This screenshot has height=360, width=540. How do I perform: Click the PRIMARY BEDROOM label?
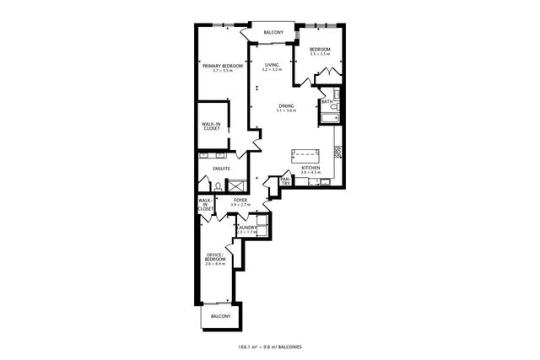click(x=222, y=66)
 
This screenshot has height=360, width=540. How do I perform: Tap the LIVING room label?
click(x=271, y=65)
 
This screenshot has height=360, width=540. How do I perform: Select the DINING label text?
click(x=287, y=105)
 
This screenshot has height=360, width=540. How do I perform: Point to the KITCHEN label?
click(x=311, y=169)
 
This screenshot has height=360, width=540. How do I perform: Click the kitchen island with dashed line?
click(x=307, y=155)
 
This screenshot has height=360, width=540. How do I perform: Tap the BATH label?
click(x=327, y=102)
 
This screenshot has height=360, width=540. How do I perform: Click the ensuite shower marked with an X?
click(x=240, y=183)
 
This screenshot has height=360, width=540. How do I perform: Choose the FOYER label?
click(x=240, y=201)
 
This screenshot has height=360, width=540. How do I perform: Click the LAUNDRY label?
click(x=246, y=228)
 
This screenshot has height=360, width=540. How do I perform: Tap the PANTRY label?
click(x=286, y=180)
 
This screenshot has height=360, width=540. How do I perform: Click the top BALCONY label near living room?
click(x=273, y=32)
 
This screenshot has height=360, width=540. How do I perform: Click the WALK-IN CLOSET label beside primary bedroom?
click(x=211, y=126)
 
